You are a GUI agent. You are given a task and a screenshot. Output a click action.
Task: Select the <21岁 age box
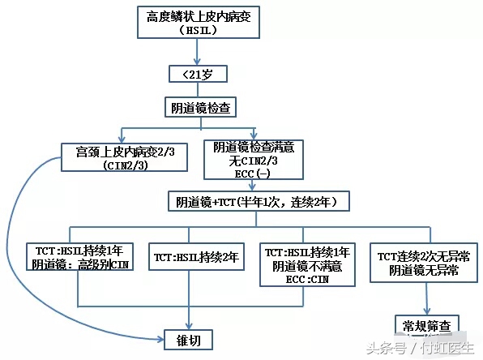197,75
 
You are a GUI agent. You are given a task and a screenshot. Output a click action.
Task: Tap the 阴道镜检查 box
197,107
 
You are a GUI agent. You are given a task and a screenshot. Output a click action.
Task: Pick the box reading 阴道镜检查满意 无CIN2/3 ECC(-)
254,158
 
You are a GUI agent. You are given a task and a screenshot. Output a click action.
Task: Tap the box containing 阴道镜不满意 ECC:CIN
306,264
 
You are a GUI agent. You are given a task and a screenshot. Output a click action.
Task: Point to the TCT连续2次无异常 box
423,264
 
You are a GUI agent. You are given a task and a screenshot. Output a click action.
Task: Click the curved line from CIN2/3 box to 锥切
32,243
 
